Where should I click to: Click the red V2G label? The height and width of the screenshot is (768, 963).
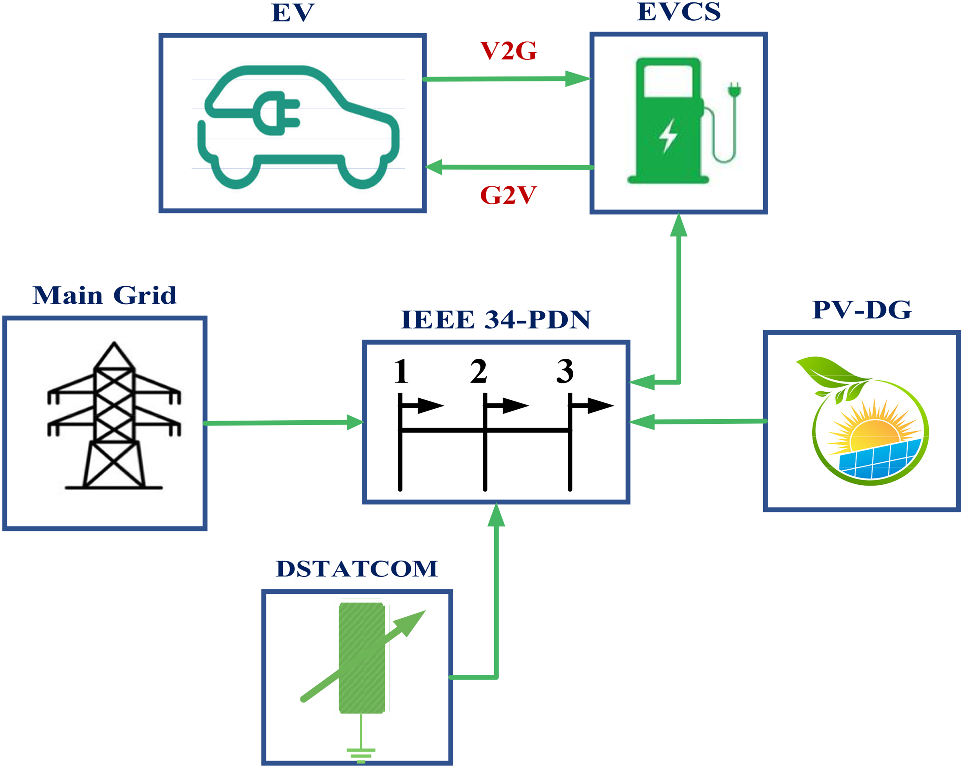pos(508,51)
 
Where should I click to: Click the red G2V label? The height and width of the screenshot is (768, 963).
pos(508,195)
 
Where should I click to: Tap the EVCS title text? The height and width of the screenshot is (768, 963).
pos(679,12)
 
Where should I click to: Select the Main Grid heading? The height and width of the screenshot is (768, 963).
pos(105,295)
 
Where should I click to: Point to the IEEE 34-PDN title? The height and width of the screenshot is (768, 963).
pos(496,320)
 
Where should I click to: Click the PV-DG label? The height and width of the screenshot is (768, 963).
pos(862,310)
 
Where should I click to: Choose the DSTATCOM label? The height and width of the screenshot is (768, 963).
pos(357,569)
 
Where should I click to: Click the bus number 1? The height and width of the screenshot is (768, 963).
pos(401,371)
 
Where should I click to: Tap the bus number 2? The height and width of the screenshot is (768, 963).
pos(478,371)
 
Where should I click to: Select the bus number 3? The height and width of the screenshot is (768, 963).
pos(565,371)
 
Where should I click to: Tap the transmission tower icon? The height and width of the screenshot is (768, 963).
pos(114,416)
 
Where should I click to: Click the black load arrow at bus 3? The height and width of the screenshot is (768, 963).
pos(591,406)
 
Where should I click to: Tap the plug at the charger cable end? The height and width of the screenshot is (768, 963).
pos(734,90)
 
